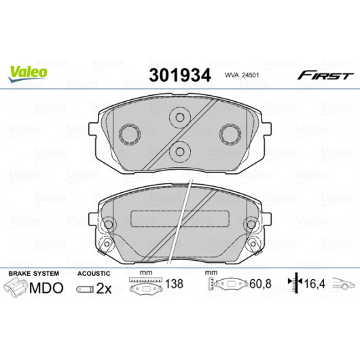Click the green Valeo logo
click(x=28, y=73)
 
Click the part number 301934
click(x=180, y=75)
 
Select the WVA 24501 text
click(x=242, y=75)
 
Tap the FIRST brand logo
click(x=325, y=75)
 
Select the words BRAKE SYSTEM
click(x=34, y=274)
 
